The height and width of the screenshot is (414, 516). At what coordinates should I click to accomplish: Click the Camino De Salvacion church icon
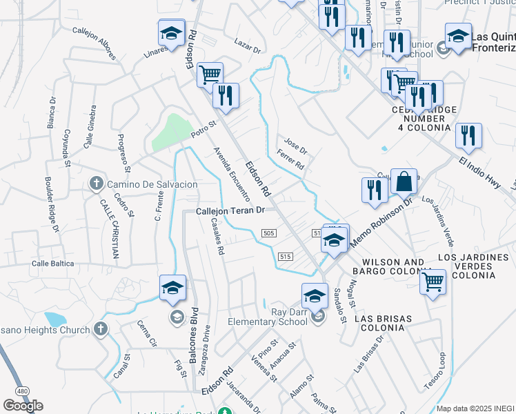point(97,184)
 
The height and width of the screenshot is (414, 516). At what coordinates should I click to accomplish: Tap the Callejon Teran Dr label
point(230,211)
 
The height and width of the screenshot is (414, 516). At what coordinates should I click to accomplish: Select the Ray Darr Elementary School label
point(278,317)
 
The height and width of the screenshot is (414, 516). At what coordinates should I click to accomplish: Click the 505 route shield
point(270,234)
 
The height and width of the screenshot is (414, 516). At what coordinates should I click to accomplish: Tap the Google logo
point(23,406)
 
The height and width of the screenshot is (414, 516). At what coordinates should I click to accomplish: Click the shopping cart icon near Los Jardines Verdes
point(433,282)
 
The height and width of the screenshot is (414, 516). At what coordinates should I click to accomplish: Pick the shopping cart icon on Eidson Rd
point(210,74)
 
